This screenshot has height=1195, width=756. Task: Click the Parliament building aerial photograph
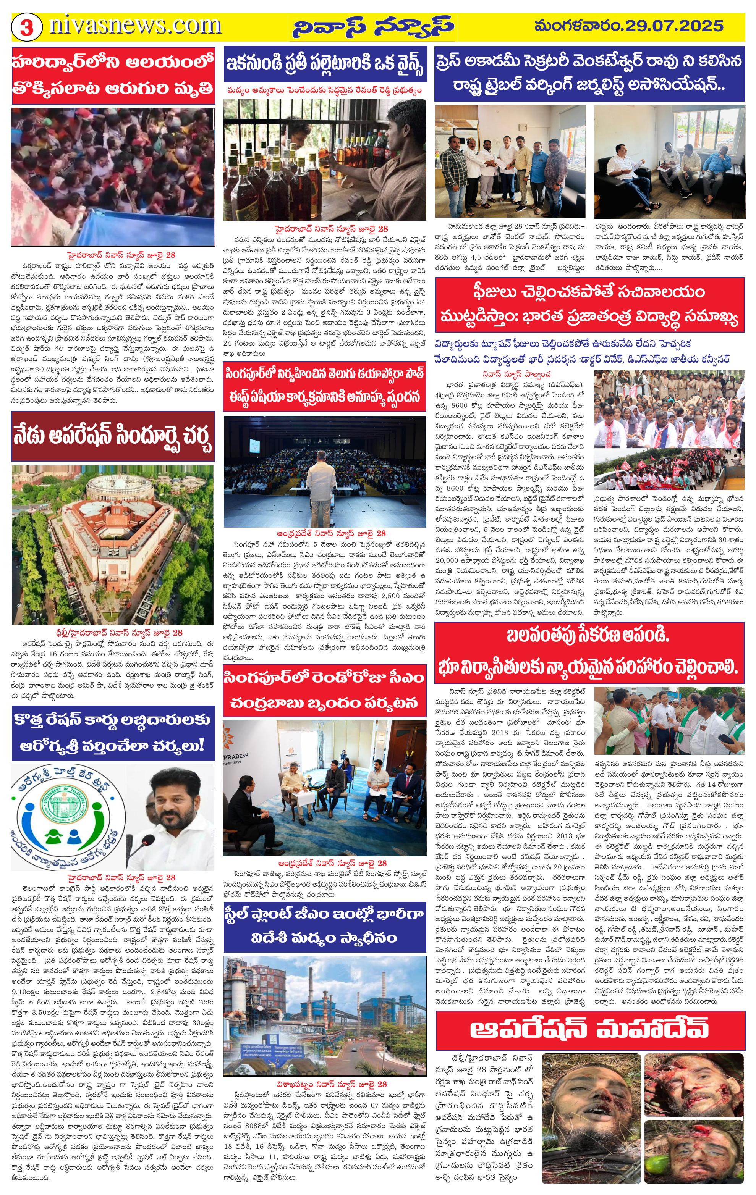[113, 544]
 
